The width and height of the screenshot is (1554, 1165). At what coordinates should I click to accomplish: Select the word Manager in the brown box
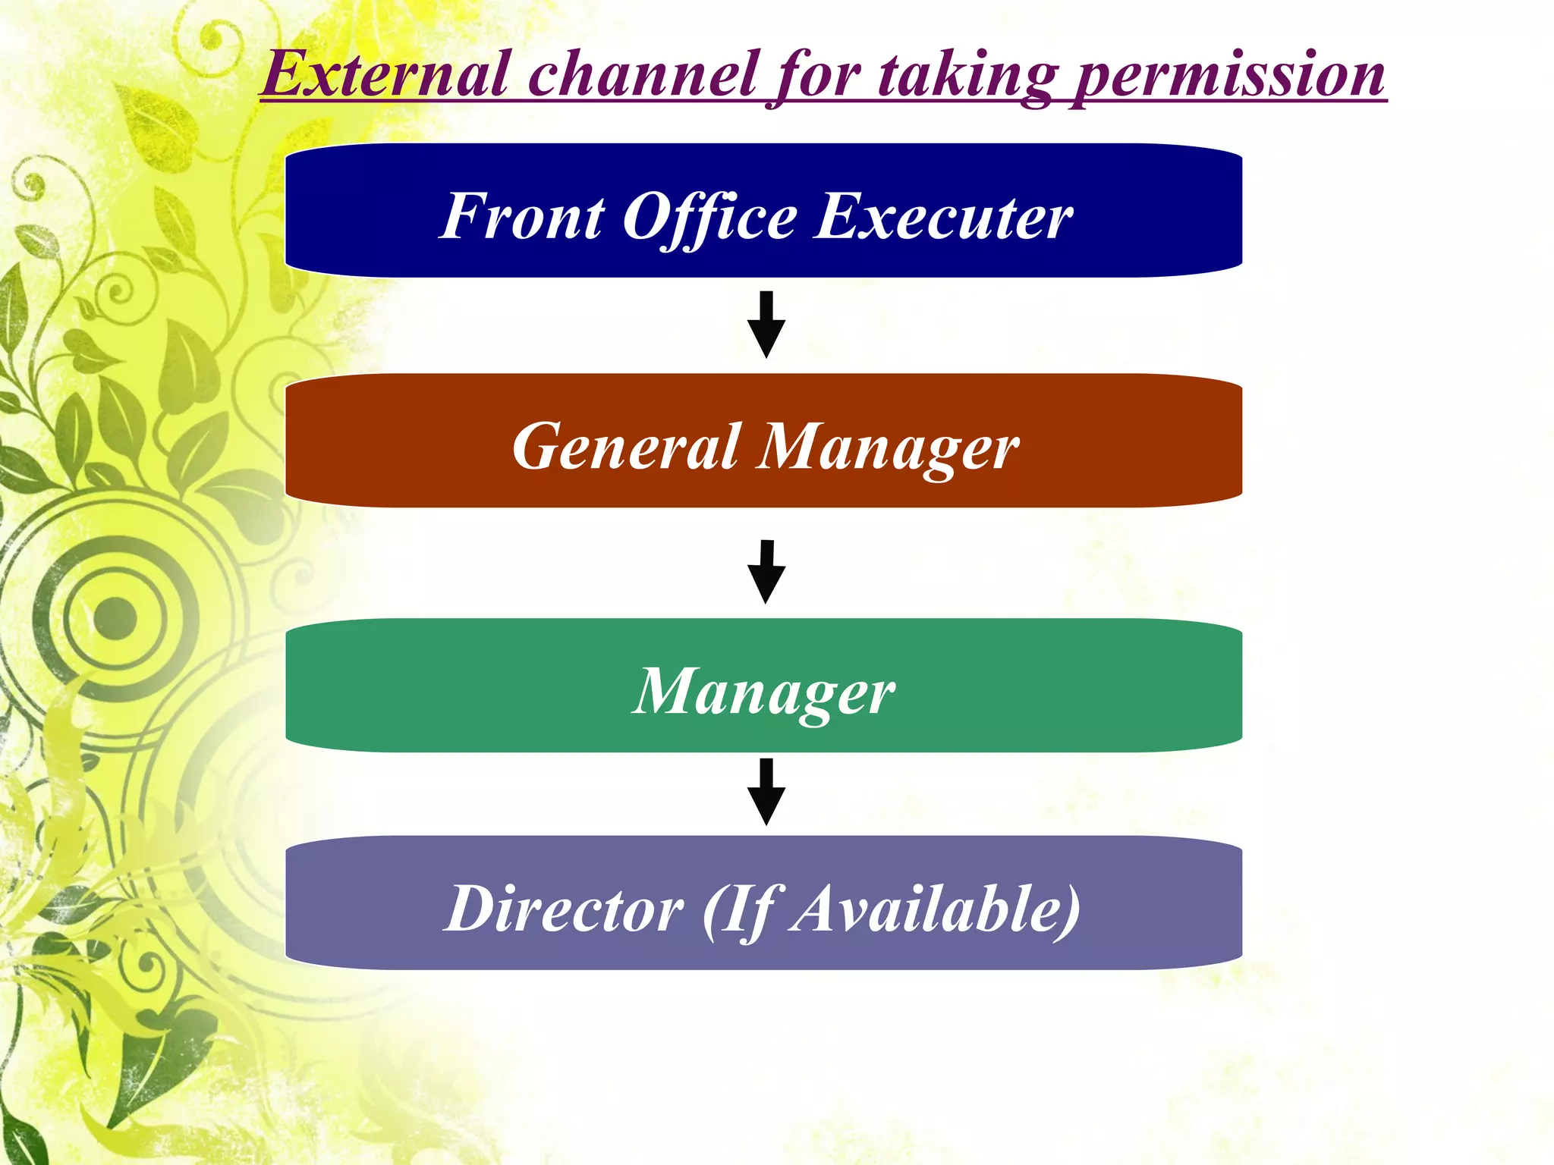coord(889,448)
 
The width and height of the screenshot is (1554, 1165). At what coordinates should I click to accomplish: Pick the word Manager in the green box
coord(764,692)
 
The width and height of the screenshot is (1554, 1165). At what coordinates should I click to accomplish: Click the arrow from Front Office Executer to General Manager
coord(766,325)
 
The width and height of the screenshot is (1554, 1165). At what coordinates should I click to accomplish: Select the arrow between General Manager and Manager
coord(766,572)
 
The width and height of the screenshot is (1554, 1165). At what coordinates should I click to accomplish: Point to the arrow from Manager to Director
coord(766,792)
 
